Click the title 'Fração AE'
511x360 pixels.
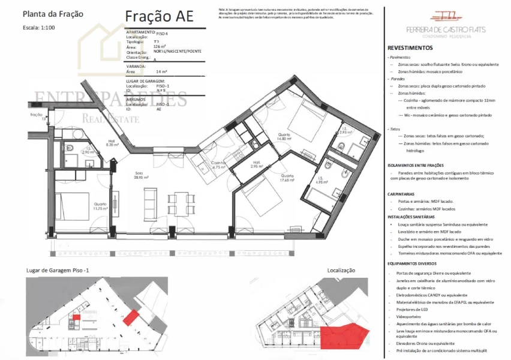[160, 16]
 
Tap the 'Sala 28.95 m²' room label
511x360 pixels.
[142, 176]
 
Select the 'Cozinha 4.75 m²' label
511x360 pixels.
[218, 166]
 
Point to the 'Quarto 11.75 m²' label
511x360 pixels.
[100, 206]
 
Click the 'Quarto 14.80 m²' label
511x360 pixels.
[284, 137]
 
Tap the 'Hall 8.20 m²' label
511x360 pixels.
[112, 143]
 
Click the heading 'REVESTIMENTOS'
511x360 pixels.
[410, 47]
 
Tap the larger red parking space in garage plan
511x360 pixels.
[130, 317]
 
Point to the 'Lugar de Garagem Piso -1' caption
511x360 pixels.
[58, 271]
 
